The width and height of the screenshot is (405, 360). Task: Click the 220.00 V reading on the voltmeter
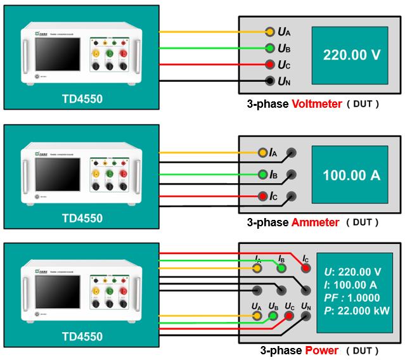point(352,55)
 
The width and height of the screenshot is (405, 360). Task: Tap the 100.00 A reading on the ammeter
point(352,175)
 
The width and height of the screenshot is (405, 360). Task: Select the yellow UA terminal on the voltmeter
point(269,31)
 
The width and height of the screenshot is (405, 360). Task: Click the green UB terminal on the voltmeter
point(269,48)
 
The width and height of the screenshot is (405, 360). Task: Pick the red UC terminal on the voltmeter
point(269,64)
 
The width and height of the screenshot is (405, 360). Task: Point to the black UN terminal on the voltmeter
point(269,80)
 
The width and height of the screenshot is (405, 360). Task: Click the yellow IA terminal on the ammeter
point(262,153)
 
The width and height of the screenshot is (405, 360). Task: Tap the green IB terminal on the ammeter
point(262,174)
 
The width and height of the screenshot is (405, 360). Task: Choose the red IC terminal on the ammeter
point(262,196)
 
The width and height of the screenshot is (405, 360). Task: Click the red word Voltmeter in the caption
point(316,103)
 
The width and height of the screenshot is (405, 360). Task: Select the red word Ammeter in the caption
point(315,222)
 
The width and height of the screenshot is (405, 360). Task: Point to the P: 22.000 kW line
point(356,311)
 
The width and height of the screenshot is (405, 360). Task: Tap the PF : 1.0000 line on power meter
point(352,297)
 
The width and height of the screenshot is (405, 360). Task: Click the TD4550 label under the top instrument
point(82,99)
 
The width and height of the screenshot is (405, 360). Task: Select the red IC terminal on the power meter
point(305,268)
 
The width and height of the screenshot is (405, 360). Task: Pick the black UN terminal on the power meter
point(306,316)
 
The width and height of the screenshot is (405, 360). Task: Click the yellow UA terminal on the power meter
point(257,316)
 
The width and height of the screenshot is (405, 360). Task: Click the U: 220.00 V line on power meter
point(352,271)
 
